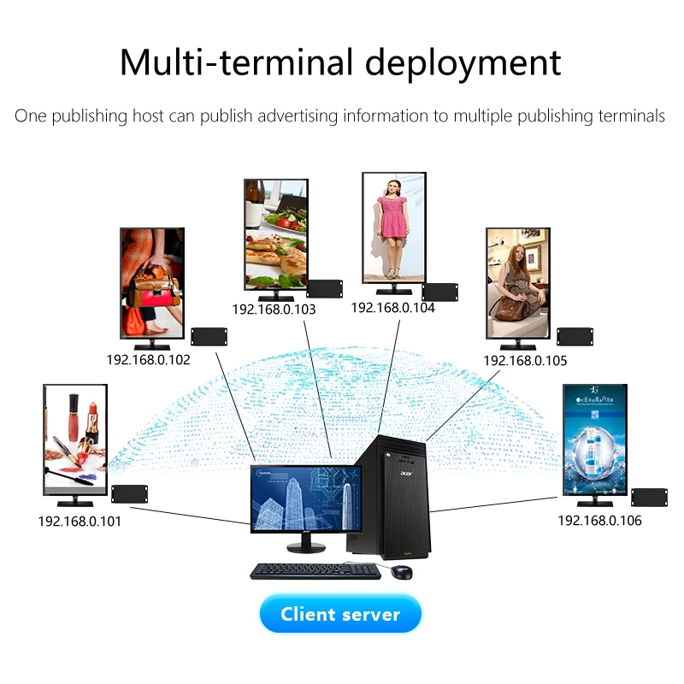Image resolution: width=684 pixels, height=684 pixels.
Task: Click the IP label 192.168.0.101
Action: [80, 521]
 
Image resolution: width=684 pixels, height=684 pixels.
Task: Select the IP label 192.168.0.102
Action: [148, 360]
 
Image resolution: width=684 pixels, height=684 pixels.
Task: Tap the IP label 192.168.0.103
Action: [274, 310]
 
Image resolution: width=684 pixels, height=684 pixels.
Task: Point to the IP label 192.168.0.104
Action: [392, 308]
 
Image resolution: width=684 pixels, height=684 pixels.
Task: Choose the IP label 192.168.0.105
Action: [525, 361]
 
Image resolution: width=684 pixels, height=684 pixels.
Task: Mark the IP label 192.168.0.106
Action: [599, 521]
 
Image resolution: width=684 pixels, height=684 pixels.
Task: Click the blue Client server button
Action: [340, 614]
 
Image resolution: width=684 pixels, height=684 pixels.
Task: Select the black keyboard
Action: [315, 570]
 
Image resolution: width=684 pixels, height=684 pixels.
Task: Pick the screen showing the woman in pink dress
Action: [393, 226]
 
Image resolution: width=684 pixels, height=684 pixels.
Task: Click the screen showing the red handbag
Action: [152, 282]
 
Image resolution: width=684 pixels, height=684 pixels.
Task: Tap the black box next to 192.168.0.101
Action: [129, 494]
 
